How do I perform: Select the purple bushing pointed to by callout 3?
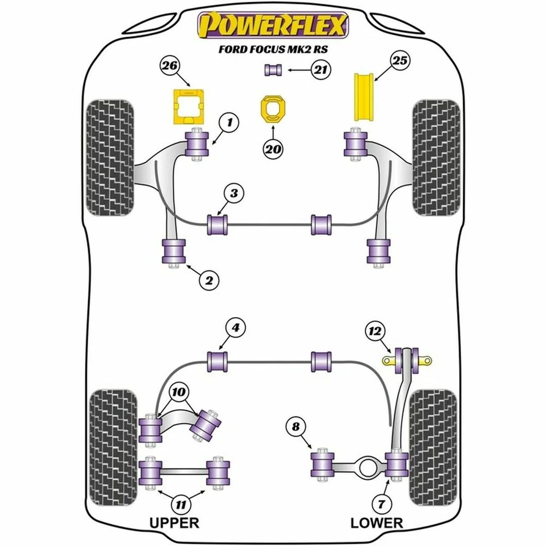[x=217, y=224]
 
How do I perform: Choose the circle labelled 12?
[x=376, y=331]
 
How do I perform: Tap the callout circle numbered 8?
[x=296, y=427]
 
